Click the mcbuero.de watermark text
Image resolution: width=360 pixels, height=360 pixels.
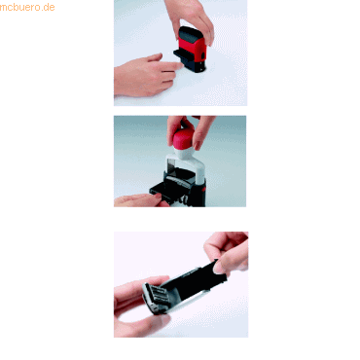pos(27,7)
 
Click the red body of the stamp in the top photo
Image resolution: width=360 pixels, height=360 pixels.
pos(192,50)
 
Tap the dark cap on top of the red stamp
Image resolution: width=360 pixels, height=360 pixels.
pos(192,33)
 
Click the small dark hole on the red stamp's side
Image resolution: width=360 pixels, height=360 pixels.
pos(203,55)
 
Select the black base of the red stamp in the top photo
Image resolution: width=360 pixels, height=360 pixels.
pos(195,66)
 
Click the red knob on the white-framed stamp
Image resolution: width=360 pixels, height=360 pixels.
pos(183,137)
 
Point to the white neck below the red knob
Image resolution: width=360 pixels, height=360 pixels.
pos(184,153)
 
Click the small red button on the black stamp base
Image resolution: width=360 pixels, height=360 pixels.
pos(203,189)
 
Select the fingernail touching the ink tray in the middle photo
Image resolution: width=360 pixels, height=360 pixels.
pos(159,196)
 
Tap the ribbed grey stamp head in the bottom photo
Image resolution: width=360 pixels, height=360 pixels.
pos(154,298)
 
